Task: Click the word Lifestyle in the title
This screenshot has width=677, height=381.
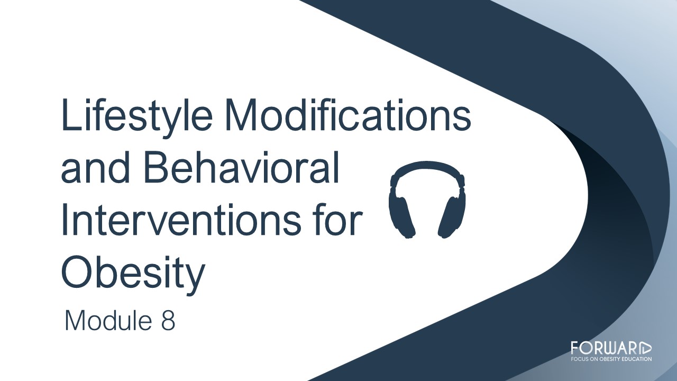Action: click(x=137, y=117)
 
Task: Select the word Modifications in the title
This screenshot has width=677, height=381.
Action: click(x=348, y=115)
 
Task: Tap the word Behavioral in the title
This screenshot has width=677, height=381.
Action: click(x=242, y=167)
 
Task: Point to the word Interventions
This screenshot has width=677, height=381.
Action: click(x=181, y=219)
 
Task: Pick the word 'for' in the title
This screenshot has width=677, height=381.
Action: click(x=339, y=219)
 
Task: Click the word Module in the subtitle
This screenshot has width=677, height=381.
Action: click(x=108, y=320)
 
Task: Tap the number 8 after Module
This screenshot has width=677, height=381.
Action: click(x=168, y=320)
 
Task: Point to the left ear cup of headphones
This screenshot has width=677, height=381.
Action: click(x=401, y=216)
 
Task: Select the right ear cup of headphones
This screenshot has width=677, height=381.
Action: click(x=452, y=216)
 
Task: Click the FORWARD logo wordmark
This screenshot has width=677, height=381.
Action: click(x=611, y=348)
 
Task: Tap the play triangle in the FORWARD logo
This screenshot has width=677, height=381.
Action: click(x=646, y=348)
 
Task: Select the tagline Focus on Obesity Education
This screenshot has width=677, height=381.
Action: click(x=611, y=359)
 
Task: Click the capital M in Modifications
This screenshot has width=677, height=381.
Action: click(x=241, y=115)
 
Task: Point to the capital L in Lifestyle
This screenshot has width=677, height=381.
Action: click(x=71, y=115)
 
